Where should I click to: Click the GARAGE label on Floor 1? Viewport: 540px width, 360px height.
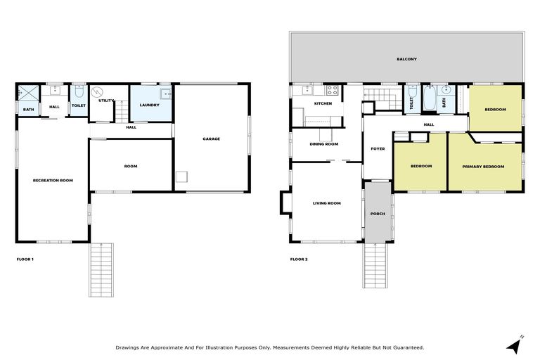point(211,139)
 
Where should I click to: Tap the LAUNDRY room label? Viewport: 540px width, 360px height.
point(149,105)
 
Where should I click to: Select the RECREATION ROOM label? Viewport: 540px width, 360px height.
point(53,181)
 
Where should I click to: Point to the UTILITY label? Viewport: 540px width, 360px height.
point(106,101)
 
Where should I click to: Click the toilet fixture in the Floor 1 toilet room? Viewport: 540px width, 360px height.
point(79,92)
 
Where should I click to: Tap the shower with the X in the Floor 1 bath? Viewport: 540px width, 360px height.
point(29,92)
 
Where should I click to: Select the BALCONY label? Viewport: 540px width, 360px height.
point(406,59)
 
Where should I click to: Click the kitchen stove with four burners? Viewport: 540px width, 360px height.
point(332,90)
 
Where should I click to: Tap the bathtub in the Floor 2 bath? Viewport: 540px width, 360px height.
point(430,98)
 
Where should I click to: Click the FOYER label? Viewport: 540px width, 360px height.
point(378,148)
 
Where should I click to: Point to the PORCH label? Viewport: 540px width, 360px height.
point(378,214)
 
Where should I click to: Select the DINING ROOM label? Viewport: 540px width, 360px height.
point(324,144)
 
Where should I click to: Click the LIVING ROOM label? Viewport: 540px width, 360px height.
point(326,203)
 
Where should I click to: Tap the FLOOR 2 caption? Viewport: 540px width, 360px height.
point(299,259)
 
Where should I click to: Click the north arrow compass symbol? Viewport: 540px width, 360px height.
point(514,345)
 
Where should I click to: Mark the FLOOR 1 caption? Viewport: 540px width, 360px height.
point(25,259)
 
